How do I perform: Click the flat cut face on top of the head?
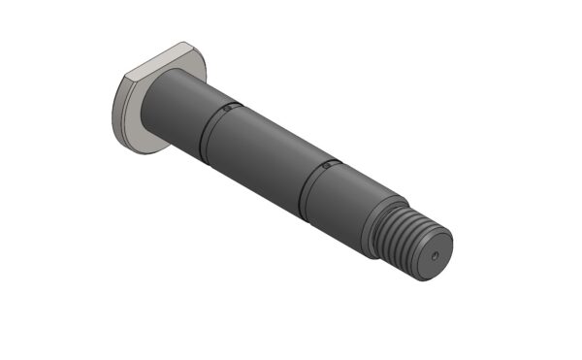point(155,61)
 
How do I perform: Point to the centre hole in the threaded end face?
point(435,255)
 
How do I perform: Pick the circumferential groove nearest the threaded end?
point(308,190)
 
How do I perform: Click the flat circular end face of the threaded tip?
point(434,257)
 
